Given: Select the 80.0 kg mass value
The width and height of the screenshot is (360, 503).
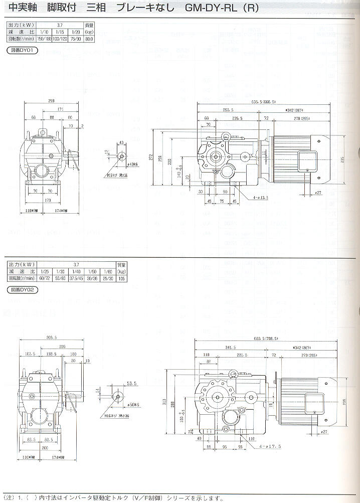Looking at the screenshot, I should click(x=89, y=38).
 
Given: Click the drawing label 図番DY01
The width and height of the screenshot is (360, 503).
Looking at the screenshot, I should click(x=22, y=50).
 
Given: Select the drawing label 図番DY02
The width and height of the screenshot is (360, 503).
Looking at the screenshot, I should click(x=22, y=290).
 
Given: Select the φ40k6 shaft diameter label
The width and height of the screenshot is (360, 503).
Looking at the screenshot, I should click(x=132, y=164).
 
